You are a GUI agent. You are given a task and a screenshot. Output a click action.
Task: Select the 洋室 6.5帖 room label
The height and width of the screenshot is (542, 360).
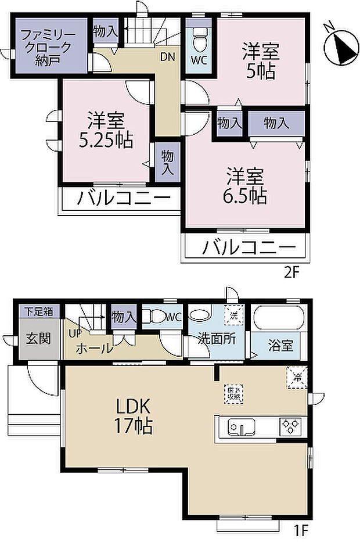point(246,185)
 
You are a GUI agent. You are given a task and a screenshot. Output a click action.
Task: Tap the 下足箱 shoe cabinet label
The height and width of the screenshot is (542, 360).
point(38,311)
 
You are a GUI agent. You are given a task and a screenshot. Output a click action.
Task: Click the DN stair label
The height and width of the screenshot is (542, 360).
point(168,57)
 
